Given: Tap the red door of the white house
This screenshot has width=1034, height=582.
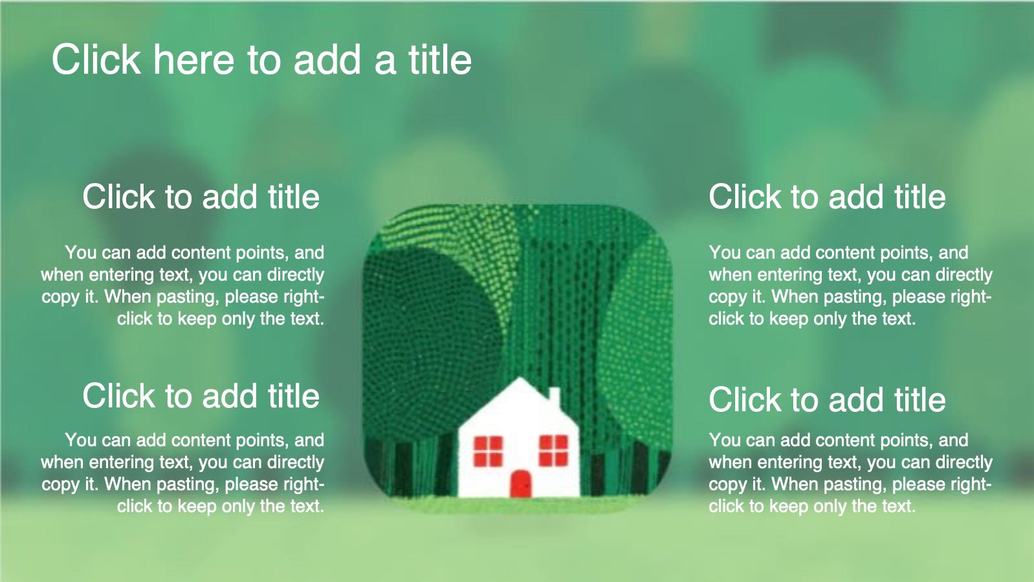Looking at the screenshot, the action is point(521,484).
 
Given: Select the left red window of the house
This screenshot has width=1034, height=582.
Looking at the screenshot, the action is point(488,451).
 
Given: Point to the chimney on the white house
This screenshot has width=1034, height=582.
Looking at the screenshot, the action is point(554,396).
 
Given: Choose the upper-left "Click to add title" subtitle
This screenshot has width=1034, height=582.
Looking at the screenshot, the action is point(201,197).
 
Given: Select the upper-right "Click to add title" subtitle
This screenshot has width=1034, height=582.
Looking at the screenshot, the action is point(827,197).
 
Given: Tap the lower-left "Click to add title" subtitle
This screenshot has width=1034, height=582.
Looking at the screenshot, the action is point(201,396).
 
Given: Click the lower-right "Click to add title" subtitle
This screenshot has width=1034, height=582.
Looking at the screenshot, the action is point(827,400).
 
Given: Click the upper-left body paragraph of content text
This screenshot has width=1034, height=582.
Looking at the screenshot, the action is point(183,285).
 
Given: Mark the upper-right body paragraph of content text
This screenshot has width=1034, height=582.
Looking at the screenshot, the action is point(850,285).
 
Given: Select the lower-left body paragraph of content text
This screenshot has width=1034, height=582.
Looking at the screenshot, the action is point(183,473).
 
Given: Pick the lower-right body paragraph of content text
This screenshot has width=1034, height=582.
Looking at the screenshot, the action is point(850,473).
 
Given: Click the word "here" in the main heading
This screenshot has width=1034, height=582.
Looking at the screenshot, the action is point(194,59).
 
